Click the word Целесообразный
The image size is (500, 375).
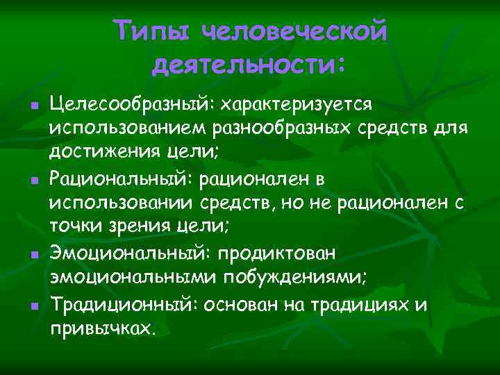[x=132, y=104]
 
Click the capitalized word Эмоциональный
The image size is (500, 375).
[x=128, y=254]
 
